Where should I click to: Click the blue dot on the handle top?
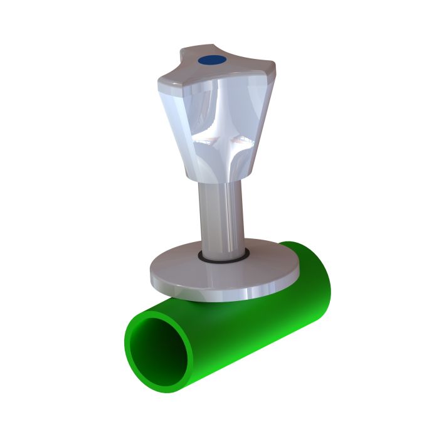pyautogui.click(x=211, y=60)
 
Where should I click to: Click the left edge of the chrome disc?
pyautogui.click(x=152, y=273)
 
